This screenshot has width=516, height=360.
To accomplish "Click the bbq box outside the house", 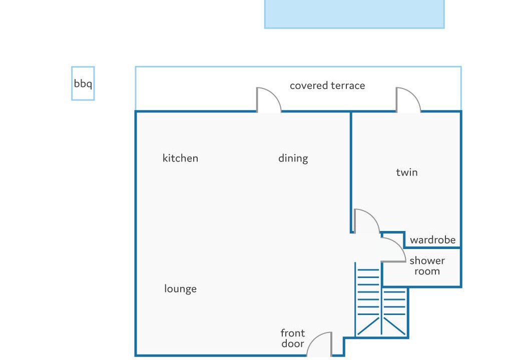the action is click(x=72, y=83).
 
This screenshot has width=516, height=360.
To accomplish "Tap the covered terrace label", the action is click(x=327, y=86).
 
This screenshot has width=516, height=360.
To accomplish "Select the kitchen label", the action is click(x=180, y=158).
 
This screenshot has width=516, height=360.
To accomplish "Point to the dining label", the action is click(x=293, y=158).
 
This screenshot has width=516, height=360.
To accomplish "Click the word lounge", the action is click(x=180, y=288).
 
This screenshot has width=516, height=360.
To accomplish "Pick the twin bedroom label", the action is click(x=407, y=172).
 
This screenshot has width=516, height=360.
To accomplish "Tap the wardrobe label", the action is click(x=433, y=240).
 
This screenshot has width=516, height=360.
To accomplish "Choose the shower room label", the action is click(x=427, y=266).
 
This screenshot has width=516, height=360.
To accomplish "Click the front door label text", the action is click(x=293, y=338).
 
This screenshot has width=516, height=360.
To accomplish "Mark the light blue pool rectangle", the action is click(x=354, y=14).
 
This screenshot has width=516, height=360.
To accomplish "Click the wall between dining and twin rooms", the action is click(x=351, y=172).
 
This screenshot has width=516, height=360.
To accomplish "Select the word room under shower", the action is click(x=427, y=271).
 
